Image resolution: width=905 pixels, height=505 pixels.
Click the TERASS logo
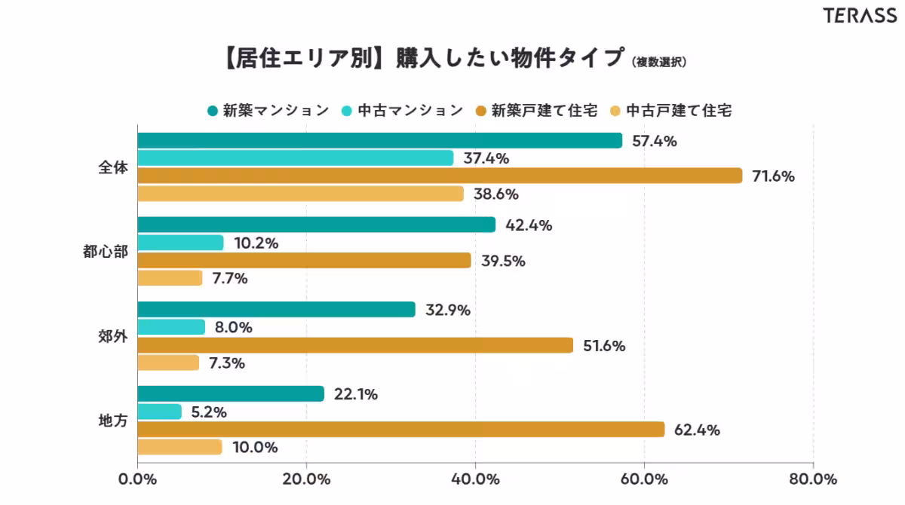click(x=860, y=16)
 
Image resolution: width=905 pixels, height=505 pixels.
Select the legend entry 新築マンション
click(x=268, y=110)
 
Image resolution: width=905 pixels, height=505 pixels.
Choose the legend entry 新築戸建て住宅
click(x=536, y=110)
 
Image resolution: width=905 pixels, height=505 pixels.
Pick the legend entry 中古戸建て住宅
click(x=670, y=110)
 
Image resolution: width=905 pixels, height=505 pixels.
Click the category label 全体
click(x=113, y=167)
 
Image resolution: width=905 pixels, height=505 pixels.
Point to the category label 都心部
click(x=106, y=252)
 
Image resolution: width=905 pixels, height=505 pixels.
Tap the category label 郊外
click(x=113, y=336)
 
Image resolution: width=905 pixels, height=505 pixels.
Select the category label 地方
click(x=113, y=421)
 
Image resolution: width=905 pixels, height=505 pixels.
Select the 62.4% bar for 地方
click(x=400, y=429)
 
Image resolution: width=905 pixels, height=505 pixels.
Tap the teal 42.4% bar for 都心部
click(x=316, y=225)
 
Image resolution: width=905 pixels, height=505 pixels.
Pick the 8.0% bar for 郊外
click(x=171, y=327)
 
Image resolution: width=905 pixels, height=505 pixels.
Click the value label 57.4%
click(x=654, y=141)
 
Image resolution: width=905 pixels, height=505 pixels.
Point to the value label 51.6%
click(x=605, y=346)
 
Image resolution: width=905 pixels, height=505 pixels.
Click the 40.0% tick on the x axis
click(x=476, y=479)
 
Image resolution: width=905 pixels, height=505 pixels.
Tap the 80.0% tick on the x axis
click(x=813, y=479)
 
